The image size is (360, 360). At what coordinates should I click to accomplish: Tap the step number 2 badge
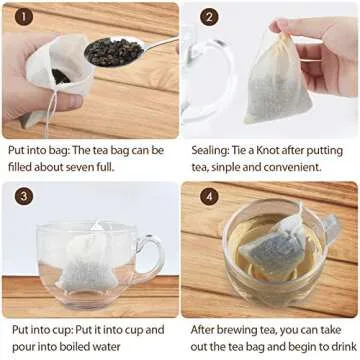point(209,17)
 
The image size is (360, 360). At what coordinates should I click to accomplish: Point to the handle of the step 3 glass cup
point(148,257)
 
